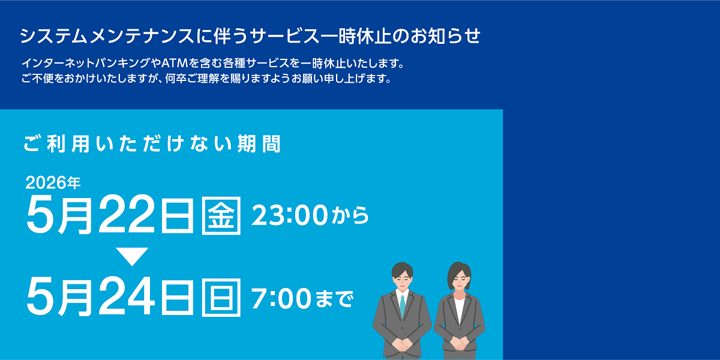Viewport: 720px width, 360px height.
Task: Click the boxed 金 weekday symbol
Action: pyautogui.click(x=222, y=214)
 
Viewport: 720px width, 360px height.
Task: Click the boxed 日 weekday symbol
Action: pyautogui.click(x=222, y=296)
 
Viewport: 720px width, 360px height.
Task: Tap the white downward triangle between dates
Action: pyautogui.click(x=132, y=256)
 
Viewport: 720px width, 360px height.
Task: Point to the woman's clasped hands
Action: pyautogui.click(x=460, y=344)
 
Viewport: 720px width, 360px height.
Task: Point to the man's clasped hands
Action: pyautogui.click(x=402, y=344)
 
